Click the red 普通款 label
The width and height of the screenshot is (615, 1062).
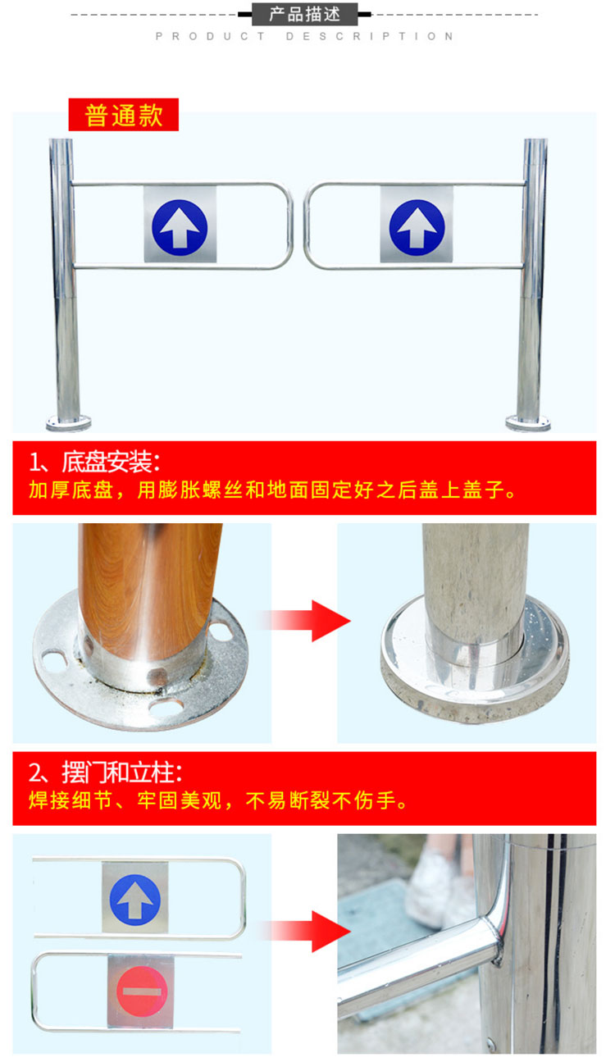pyautogui.click(x=123, y=115)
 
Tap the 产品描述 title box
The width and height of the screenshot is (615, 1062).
pyautogui.click(x=304, y=14)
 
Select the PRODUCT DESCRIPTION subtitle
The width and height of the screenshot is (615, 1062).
pyautogui.click(x=304, y=37)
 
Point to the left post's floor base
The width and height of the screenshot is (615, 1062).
pyautogui.click(x=68, y=422)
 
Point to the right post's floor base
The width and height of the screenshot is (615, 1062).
pyautogui.click(x=528, y=422)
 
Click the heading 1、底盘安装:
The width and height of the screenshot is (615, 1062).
pyautogui.click(x=95, y=463)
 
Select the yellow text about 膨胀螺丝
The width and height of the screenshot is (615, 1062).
pyautogui.click(x=272, y=490)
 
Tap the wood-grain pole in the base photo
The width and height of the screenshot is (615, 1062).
pyautogui.click(x=148, y=588)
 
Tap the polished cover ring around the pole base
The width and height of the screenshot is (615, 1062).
pyautogui.click(x=475, y=674)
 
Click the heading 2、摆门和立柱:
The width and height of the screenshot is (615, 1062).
pyautogui.click(x=105, y=773)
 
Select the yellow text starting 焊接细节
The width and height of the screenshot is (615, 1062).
pyautogui.click(x=218, y=800)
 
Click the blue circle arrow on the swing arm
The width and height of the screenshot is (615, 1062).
pyautogui.click(x=134, y=900)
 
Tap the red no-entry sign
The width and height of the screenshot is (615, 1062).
pyautogui.click(x=142, y=991)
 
